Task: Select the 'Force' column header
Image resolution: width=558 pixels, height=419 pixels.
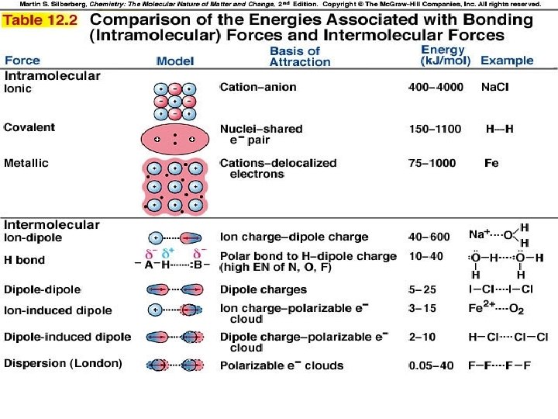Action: (22, 61)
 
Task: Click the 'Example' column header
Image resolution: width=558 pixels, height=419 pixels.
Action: (507, 61)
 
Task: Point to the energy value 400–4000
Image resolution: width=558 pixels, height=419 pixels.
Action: (436, 88)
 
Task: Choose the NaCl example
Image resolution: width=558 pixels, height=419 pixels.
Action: (495, 88)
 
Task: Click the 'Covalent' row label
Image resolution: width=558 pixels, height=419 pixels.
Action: (29, 127)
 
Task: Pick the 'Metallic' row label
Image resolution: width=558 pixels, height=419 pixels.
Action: (26, 163)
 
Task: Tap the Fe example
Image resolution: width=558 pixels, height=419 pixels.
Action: (491, 164)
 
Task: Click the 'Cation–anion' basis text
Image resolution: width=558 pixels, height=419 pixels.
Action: (258, 88)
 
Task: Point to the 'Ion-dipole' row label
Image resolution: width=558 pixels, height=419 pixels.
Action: (33, 237)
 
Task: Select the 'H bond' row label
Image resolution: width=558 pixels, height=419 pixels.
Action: (25, 260)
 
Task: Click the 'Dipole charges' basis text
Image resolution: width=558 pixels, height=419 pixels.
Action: (263, 290)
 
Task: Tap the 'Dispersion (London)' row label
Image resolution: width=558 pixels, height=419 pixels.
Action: (64, 363)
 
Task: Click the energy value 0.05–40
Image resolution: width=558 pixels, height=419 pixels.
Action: (431, 365)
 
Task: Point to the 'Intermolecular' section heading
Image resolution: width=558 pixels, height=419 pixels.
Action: (52, 225)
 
